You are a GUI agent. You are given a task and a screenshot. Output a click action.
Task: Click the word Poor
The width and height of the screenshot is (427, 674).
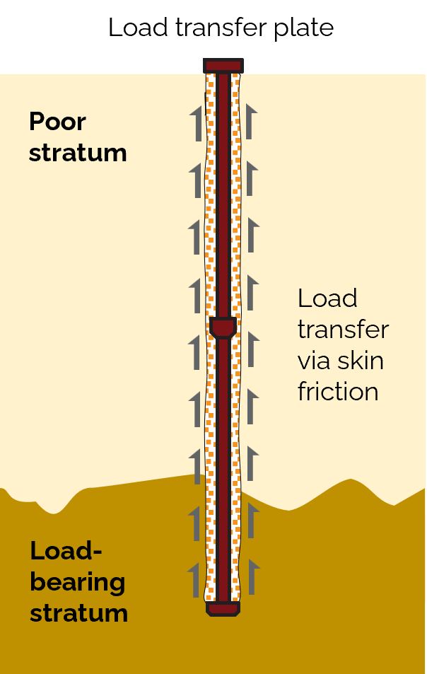(57, 122)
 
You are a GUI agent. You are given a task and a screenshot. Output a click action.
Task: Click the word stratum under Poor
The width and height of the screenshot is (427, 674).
(78, 153)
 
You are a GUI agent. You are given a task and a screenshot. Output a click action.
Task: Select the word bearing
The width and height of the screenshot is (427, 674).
(77, 582)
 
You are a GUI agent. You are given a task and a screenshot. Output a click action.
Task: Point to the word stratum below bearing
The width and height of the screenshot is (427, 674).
(78, 612)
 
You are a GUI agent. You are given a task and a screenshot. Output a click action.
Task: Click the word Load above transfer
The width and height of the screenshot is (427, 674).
(327, 298)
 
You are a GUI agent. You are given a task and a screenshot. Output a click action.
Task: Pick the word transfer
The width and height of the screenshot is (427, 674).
(343, 330)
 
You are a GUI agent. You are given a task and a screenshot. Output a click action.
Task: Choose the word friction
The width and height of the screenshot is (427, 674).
(338, 391)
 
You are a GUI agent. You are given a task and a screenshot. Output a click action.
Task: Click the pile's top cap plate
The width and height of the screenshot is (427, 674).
(223, 66)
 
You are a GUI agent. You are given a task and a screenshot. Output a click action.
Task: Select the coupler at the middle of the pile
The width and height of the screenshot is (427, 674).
(223, 328)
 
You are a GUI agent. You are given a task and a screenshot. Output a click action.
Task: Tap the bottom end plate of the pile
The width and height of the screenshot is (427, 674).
(223, 608)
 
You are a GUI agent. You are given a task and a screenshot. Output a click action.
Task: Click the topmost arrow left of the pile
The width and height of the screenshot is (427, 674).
(197, 121)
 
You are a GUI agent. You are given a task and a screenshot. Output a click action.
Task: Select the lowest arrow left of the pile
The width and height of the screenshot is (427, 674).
(195, 580)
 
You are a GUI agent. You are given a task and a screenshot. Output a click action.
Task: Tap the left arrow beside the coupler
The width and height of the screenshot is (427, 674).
(196, 351)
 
